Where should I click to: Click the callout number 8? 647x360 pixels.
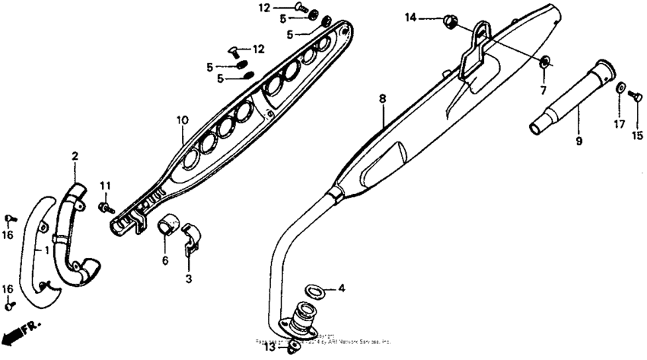(x=383, y=99)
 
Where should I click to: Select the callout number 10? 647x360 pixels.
(x=182, y=119)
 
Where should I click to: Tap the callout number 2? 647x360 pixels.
(x=75, y=156)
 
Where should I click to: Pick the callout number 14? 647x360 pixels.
(x=412, y=17)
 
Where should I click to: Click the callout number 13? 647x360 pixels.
(x=270, y=347)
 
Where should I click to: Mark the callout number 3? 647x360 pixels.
(x=188, y=279)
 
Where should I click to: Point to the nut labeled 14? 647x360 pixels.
(x=448, y=21)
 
